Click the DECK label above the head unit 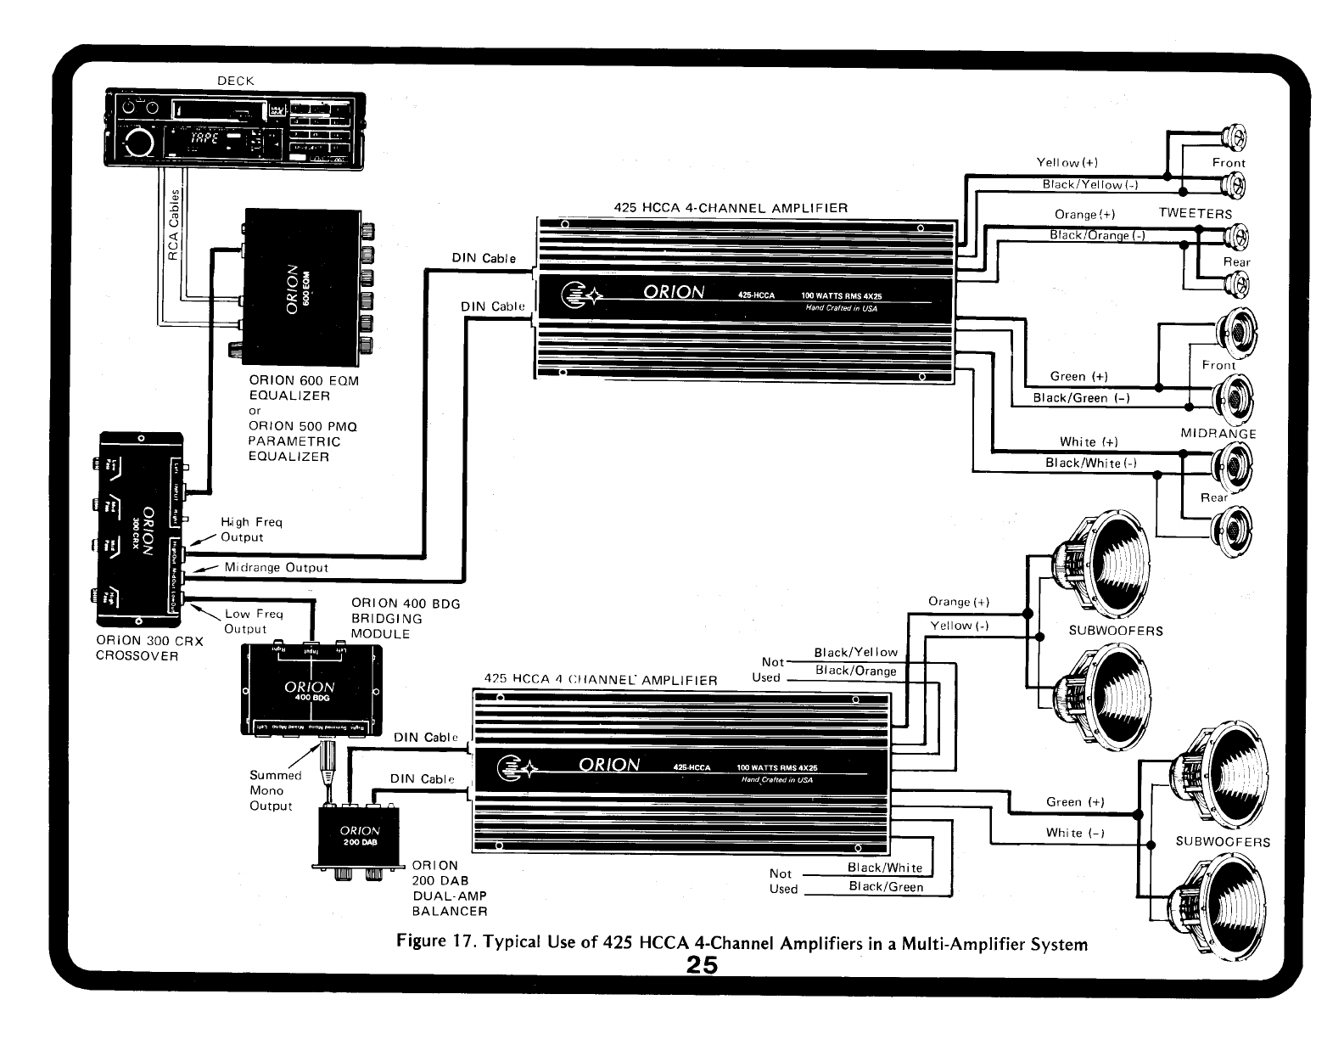click(x=235, y=81)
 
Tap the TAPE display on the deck click(x=204, y=138)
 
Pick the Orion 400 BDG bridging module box click(x=311, y=688)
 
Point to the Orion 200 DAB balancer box click(x=360, y=836)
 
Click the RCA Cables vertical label click(x=174, y=225)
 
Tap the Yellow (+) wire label click(x=1067, y=162)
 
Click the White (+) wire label click(x=1089, y=441)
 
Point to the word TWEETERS click(x=1195, y=213)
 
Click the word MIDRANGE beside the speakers click(x=1218, y=433)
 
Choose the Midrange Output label click(x=276, y=567)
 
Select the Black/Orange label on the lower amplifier click(x=855, y=671)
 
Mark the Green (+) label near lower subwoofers click(x=1075, y=801)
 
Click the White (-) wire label click(x=1075, y=833)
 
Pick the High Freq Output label click(x=250, y=530)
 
